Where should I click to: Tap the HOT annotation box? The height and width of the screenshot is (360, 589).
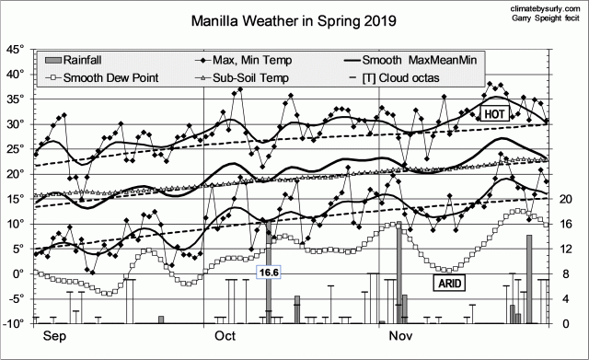point(493,113)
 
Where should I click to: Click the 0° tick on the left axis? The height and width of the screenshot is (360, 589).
point(18,273)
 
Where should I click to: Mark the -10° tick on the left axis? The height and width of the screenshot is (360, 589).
point(14,323)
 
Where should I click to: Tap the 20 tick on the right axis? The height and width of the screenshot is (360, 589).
point(567,199)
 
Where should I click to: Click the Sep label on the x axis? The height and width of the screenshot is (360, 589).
point(54,336)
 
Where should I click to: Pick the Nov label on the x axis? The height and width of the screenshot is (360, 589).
point(398,336)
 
